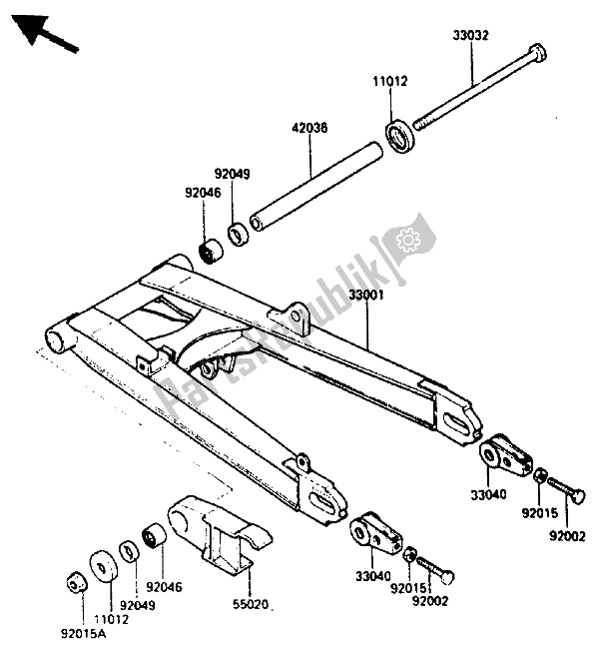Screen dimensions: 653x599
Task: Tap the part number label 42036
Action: (x=309, y=129)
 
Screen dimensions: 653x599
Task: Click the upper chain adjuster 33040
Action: (x=504, y=455)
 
